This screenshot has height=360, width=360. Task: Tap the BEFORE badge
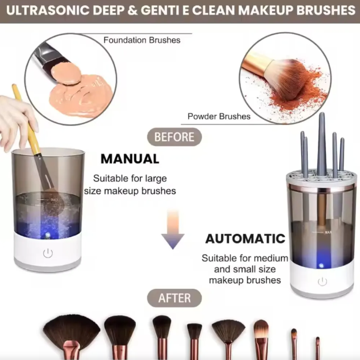pos(174,137)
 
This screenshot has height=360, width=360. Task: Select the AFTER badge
pos(174,298)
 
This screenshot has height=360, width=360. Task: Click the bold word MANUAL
pos(130,159)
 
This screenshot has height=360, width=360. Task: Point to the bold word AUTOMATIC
pos(245,239)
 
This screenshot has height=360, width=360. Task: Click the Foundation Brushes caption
pos(142,41)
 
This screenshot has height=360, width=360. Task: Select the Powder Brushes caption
pos(219,116)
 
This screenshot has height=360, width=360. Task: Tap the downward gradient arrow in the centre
pos(173,230)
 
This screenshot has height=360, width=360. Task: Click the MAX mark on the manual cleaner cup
pos(54,199)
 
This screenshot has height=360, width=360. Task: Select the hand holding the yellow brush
pos(15,118)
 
